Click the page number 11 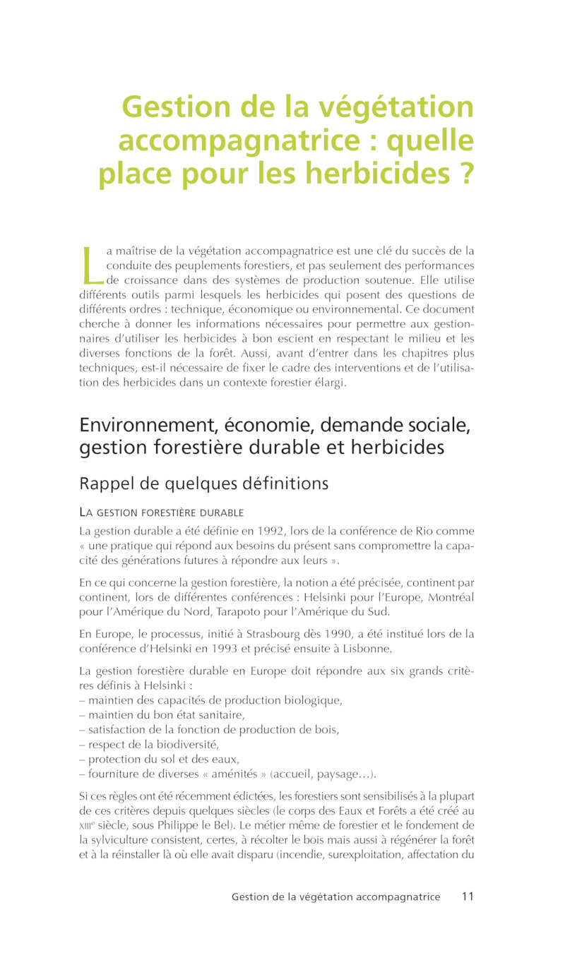coord(468,896)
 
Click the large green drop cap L coord(90,264)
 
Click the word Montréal coord(451,598)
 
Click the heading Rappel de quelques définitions coord(204,484)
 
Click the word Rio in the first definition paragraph coord(428,531)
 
